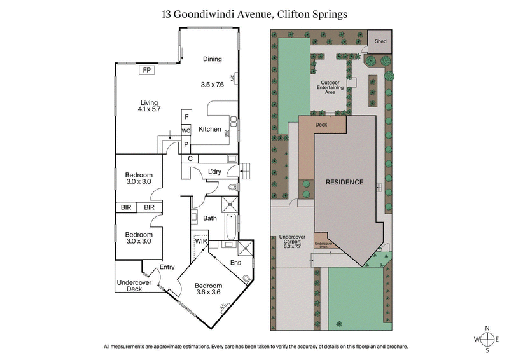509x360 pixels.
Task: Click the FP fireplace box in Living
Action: (147, 70)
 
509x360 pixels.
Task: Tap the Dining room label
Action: (212, 59)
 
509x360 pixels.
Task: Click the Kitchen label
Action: (210, 130)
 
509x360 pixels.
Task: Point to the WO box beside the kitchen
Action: (186, 130)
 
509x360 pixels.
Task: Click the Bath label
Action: (210, 218)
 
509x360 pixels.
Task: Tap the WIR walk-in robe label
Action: (201, 242)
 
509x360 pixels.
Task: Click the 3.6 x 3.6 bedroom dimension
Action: (208, 293)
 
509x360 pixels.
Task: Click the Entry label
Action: (167, 267)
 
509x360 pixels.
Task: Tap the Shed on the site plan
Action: (380, 41)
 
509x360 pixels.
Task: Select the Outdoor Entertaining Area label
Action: (331, 87)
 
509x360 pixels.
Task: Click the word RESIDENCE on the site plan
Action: (344, 182)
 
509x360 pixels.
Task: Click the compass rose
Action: (487, 338)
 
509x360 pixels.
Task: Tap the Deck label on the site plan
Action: (321, 125)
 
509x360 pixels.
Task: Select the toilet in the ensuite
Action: (247, 278)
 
